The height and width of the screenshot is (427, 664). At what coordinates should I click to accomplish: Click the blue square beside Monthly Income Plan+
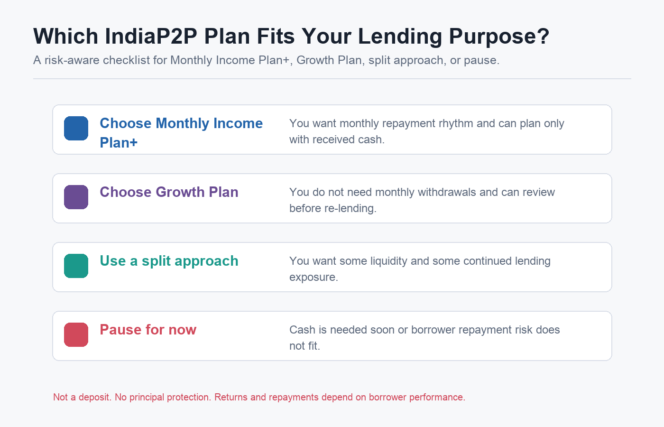(x=76, y=129)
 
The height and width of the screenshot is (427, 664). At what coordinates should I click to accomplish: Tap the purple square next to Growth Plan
(x=76, y=197)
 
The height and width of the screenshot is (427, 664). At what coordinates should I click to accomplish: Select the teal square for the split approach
(x=76, y=266)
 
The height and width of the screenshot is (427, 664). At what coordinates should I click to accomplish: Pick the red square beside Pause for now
(x=76, y=335)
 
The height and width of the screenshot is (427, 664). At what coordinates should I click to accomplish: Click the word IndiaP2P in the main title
(x=151, y=36)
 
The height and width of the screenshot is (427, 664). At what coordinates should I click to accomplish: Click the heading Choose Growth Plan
(x=169, y=192)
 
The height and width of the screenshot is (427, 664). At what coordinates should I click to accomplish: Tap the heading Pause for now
(x=148, y=330)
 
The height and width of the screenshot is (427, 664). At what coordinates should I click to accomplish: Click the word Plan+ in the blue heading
(x=119, y=143)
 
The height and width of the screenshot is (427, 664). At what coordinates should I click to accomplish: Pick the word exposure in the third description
(x=314, y=278)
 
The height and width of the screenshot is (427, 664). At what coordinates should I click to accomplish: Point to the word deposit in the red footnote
(x=95, y=398)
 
